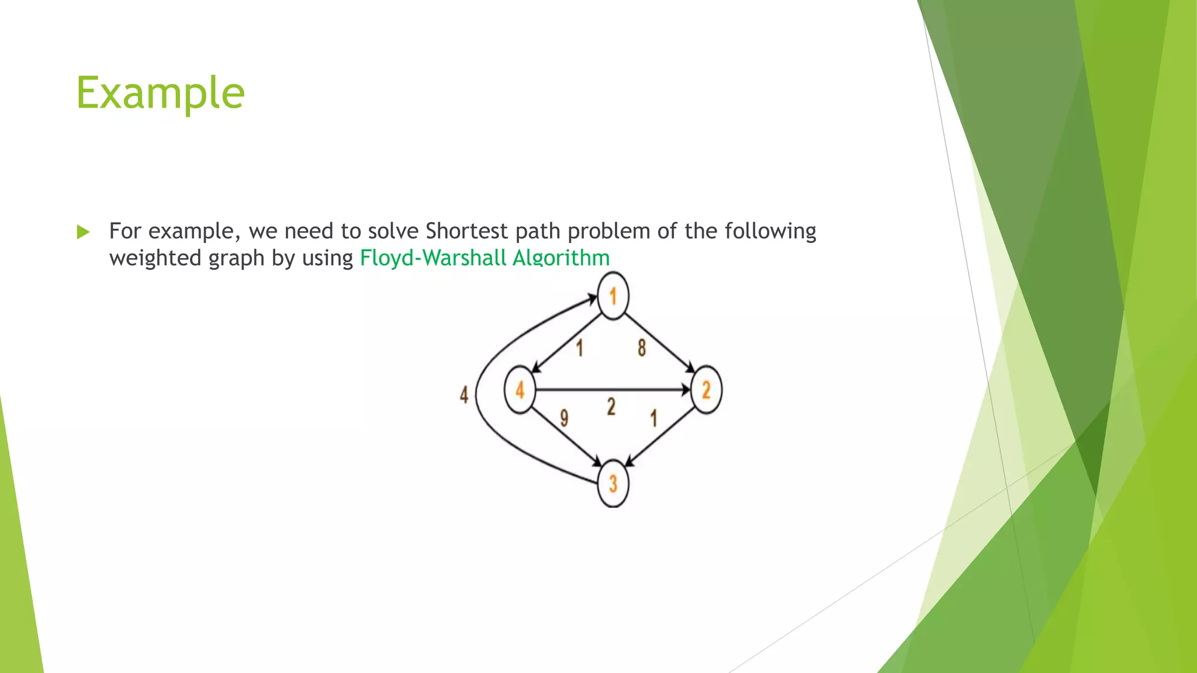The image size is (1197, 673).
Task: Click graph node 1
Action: (x=613, y=297)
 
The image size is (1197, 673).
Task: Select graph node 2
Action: (x=706, y=390)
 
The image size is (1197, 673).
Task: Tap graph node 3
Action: (x=613, y=484)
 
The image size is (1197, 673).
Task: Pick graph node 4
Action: (x=520, y=390)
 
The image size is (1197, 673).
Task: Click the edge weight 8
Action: (x=642, y=348)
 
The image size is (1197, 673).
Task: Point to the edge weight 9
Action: (x=564, y=418)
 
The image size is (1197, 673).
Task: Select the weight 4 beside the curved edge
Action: (x=464, y=395)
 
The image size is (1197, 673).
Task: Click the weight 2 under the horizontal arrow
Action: (x=611, y=407)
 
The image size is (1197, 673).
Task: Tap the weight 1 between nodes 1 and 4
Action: (x=580, y=348)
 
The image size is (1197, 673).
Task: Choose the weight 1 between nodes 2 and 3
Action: (x=654, y=418)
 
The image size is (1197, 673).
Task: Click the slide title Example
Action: (x=160, y=93)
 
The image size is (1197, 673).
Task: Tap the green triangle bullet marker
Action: (x=83, y=233)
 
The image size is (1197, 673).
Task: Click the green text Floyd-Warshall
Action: (x=433, y=258)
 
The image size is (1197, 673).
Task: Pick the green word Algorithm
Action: (x=561, y=258)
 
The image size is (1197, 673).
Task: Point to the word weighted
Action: (x=155, y=258)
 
